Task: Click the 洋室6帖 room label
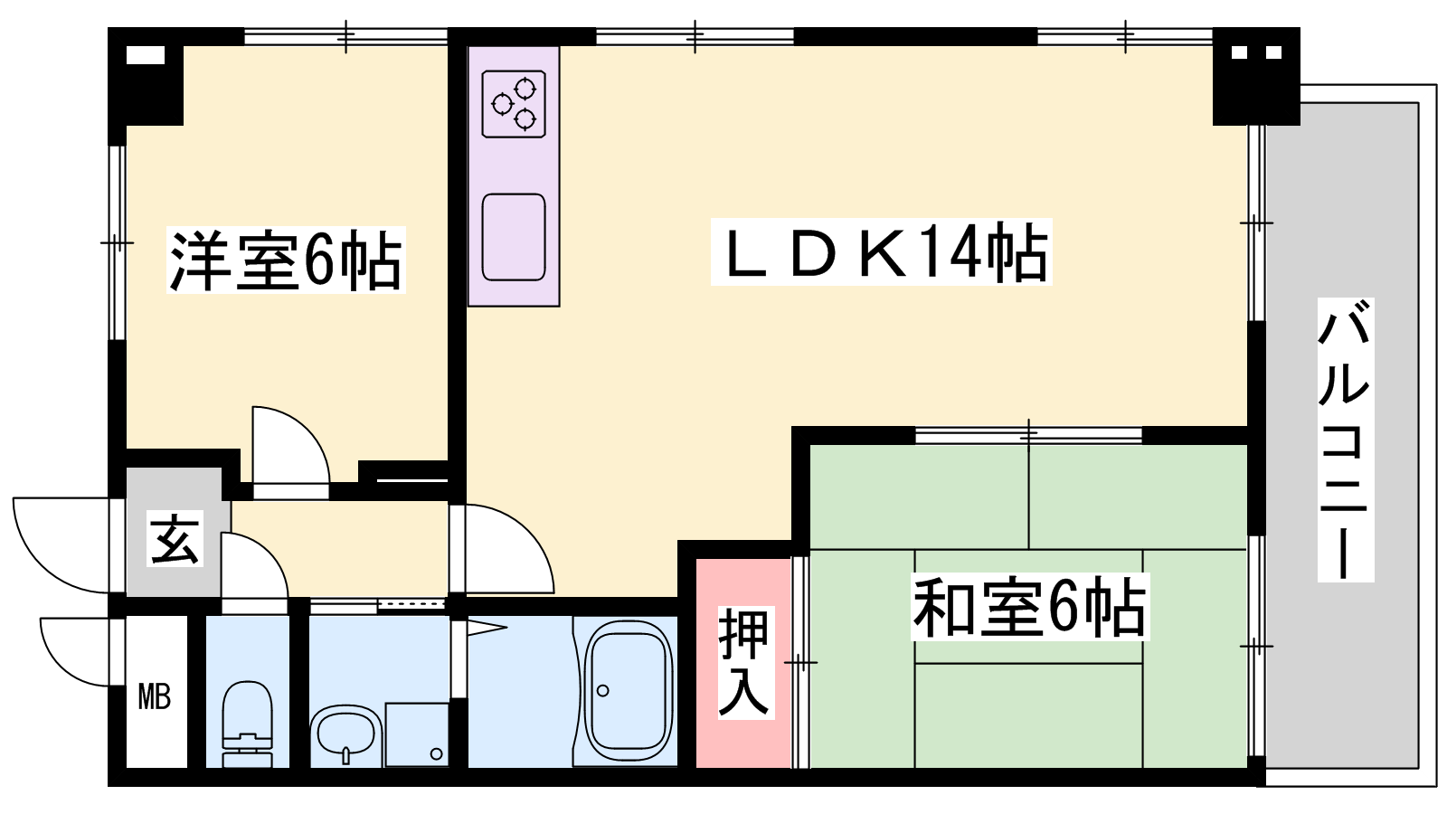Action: [286, 260]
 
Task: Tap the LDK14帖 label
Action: [881, 252]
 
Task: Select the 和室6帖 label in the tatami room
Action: [1030, 607]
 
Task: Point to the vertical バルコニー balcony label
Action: [1345, 440]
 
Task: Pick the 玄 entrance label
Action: [175, 538]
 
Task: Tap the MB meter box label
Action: [155, 698]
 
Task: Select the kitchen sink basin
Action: [514, 237]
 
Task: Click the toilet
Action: [248, 724]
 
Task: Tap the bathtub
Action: [626, 691]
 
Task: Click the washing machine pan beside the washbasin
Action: [417, 734]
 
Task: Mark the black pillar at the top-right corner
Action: [1256, 76]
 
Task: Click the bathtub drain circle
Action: [602, 691]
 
